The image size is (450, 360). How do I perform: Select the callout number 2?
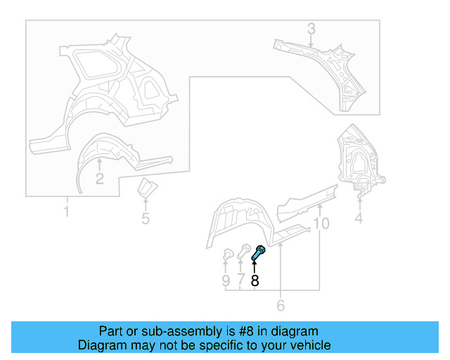click(x=100, y=179)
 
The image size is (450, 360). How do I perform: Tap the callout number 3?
click(x=311, y=30)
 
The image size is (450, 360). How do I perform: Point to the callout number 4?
click(x=359, y=219)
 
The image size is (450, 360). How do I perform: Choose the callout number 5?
click(x=146, y=219)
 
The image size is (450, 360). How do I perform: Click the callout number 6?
click(x=281, y=305)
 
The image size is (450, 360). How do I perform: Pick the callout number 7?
click(x=240, y=281)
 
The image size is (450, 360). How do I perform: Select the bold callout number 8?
click(x=255, y=281)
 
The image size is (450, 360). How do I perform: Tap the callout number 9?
click(x=226, y=281)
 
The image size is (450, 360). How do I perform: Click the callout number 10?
click(x=321, y=224)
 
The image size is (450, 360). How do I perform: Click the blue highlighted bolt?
click(x=258, y=254)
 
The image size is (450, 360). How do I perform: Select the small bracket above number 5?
click(x=147, y=189)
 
